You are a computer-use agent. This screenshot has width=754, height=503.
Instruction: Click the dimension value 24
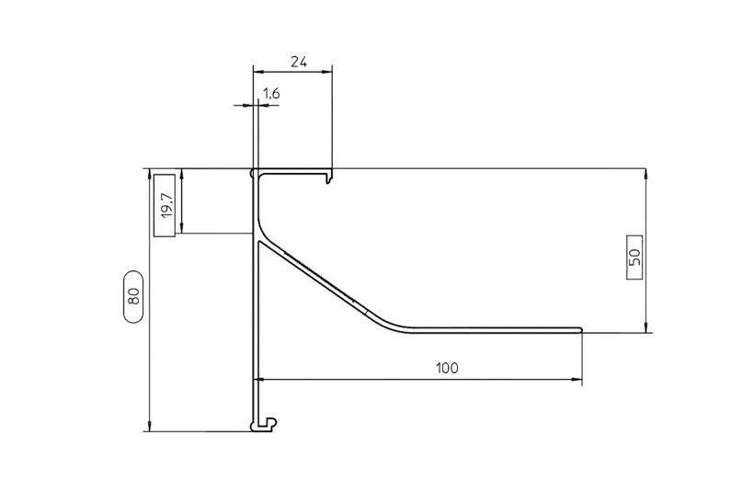pyautogui.click(x=299, y=62)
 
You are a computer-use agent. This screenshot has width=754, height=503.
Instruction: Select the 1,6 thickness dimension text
pyautogui.click(x=271, y=93)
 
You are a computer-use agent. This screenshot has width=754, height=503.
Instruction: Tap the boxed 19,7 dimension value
pyautogui.click(x=166, y=205)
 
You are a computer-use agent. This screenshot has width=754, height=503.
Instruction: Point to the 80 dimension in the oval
pyautogui.click(x=133, y=296)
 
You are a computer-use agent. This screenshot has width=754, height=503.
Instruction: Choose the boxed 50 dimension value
pyautogui.click(x=634, y=257)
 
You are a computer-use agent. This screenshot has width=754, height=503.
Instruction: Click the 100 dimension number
pyautogui.click(x=447, y=369)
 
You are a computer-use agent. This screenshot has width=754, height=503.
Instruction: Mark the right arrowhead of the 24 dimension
pyautogui.click(x=327, y=72)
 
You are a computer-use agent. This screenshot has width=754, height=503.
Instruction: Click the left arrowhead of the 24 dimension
pyautogui.click(x=259, y=72)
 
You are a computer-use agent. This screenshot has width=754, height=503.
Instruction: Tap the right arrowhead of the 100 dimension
pyautogui.click(x=577, y=380)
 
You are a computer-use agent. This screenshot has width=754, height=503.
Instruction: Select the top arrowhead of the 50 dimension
pyautogui.click(x=646, y=174)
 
